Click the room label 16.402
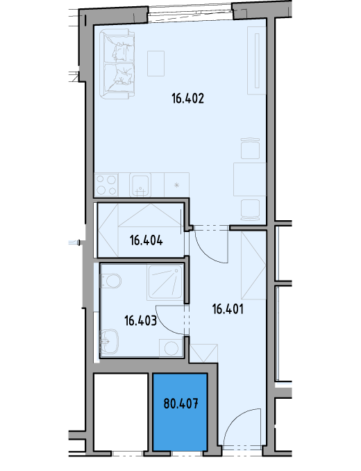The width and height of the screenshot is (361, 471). (188, 99)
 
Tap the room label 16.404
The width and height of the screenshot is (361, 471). (146, 240)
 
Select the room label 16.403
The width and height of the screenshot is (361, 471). (140, 320)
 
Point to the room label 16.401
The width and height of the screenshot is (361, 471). (228, 309)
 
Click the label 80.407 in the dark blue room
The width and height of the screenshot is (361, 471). (181, 404)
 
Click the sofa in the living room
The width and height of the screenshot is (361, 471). (117, 64)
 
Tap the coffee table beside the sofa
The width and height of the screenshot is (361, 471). (156, 63)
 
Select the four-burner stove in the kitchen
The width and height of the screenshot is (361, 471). (106, 185)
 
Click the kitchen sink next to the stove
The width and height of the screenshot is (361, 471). (140, 185)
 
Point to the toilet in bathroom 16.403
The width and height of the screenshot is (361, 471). (110, 281)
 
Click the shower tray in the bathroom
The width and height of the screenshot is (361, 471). (165, 283)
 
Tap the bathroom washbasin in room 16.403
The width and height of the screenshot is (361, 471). (109, 342)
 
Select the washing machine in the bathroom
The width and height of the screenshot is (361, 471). (171, 348)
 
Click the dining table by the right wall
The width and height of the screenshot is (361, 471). (250, 179)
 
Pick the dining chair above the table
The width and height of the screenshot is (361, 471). (250, 149)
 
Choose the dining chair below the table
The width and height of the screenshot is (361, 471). (250, 210)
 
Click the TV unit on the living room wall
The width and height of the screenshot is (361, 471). (257, 60)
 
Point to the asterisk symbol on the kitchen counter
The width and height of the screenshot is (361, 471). (177, 185)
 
